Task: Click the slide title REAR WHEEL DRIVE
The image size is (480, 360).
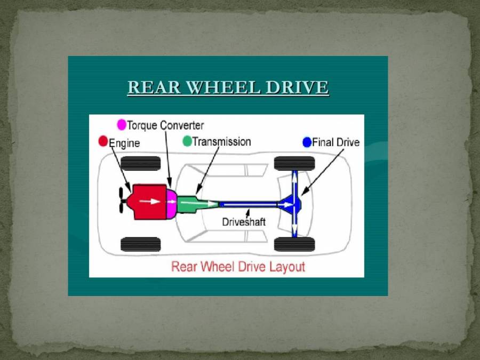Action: pos(228,87)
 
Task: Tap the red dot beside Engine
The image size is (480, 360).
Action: pos(103,141)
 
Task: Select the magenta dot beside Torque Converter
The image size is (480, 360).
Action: pos(122,125)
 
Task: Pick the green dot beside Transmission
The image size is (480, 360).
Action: pos(187,141)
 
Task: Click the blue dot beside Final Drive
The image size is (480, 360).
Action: pos(307,142)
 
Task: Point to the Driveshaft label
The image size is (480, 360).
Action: pos(244,221)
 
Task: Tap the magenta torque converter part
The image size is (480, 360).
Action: pos(171,203)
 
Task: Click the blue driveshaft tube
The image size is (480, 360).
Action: pos(248,204)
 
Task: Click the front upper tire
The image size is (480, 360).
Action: pos(141,163)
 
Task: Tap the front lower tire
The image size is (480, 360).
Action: pos(141,244)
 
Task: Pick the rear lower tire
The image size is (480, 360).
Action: pos(294,244)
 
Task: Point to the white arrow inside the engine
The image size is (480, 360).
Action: pos(153,202)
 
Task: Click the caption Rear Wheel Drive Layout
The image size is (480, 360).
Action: pos(238,266)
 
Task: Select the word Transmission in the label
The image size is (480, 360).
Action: pos(221,142)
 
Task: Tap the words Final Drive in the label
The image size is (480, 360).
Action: pos(335,142)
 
